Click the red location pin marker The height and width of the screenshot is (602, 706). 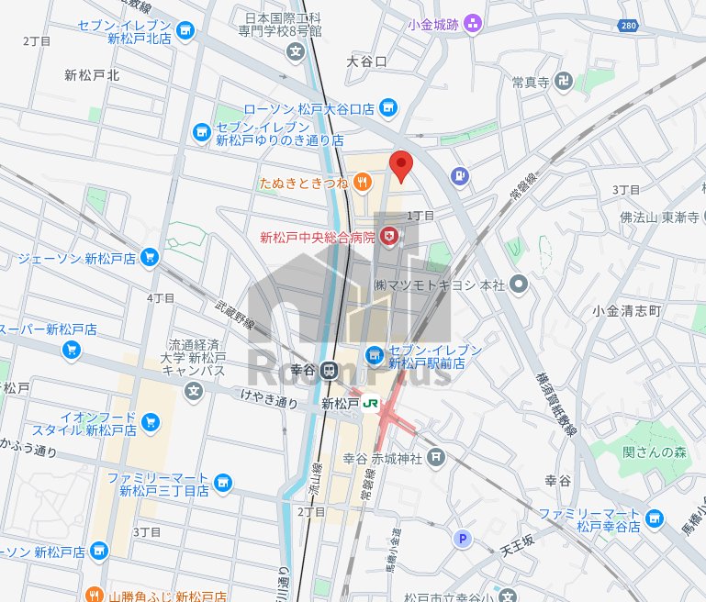[x=400, y=165]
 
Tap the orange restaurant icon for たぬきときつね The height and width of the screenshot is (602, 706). [x=363, y=183]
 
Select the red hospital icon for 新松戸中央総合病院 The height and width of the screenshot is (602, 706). [x=390, y=238]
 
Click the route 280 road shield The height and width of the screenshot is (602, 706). [x=628, y=26]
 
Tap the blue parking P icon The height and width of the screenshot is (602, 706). [x=464, y=540]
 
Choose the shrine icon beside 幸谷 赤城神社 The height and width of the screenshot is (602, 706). [x=435, y=456]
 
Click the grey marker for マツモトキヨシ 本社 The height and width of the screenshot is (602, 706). [x=519, y=285]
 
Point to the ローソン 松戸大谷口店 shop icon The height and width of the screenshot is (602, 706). [x=388, y=108]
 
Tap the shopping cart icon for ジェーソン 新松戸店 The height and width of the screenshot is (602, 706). [x=151, y=258]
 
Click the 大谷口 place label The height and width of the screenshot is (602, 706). [x=367, y=61]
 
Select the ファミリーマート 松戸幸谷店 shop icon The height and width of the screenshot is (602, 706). [x=654, y=518]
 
